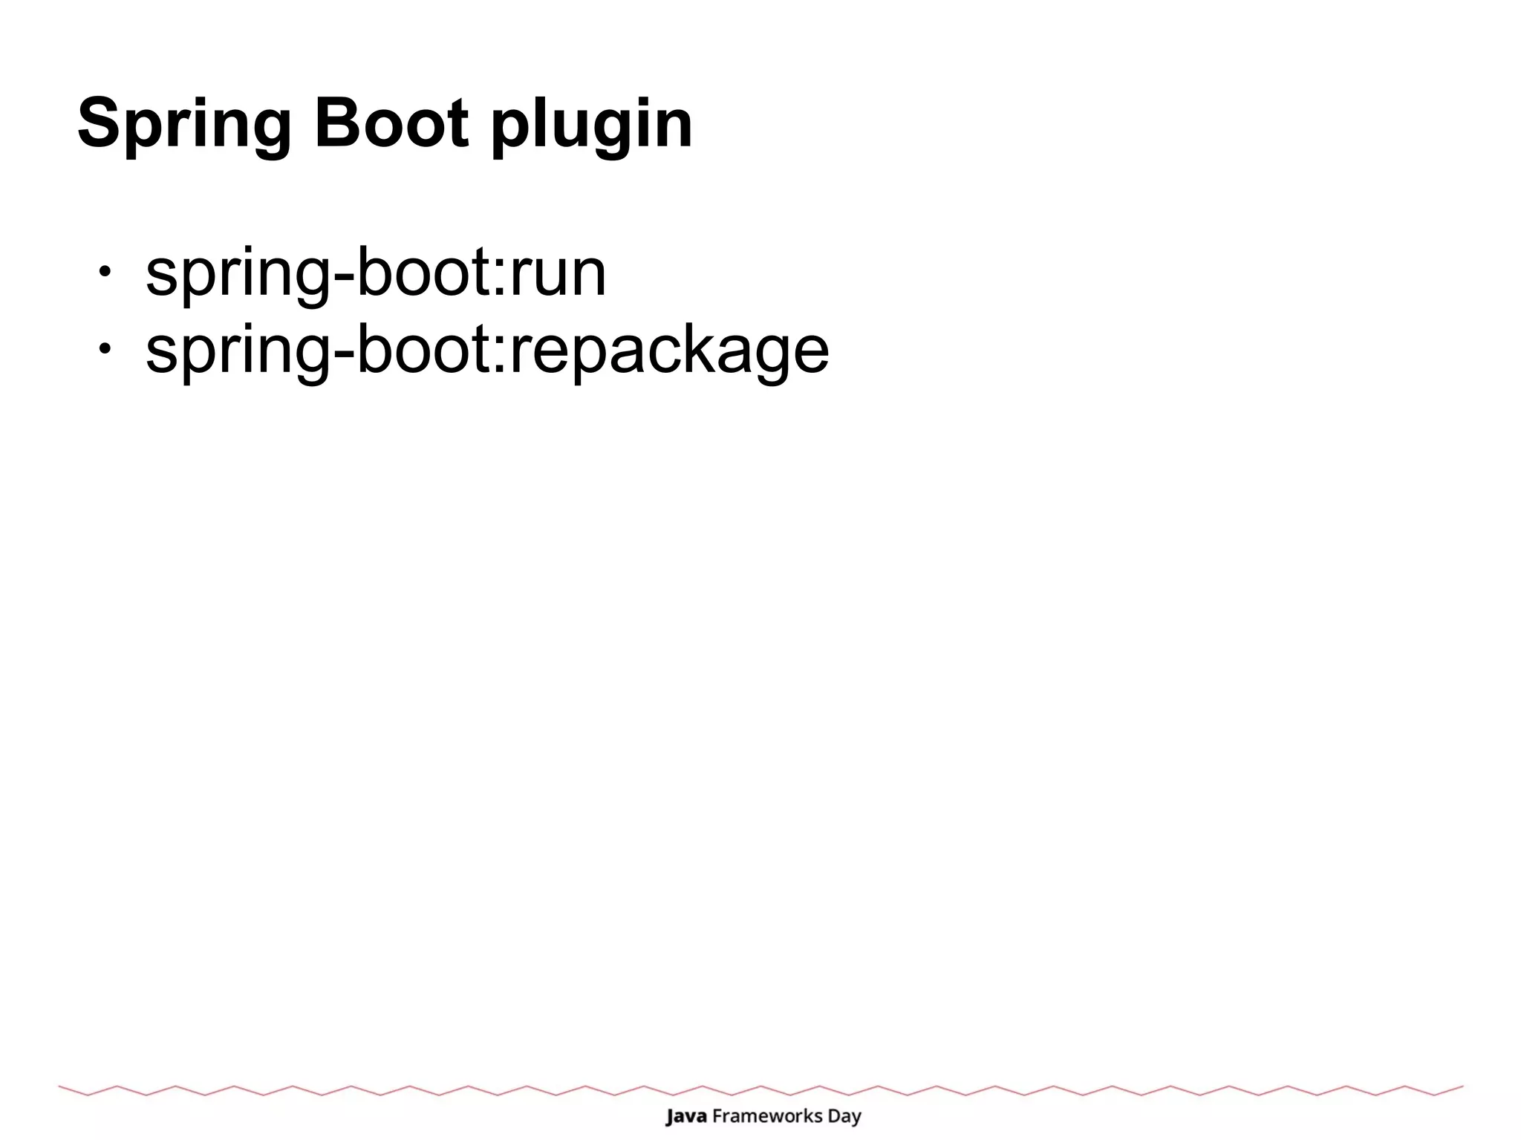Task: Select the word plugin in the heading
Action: pyautogui.click(x=591, y=126)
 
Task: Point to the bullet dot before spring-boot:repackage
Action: pyautogui.click(x=105, y=348)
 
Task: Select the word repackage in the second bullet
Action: pyautogui.click(x=669, y=351)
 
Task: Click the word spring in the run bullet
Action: pyautogui.click(x=238, y=276)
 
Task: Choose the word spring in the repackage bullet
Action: pyautogui.click(x=238, y=353)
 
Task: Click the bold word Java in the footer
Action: pyautogui.click(x=685, y=1115)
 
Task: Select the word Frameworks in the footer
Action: pyautogui.click(x=767, y=1115)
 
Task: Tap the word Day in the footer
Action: pyautogui.click(x=844, y=1117)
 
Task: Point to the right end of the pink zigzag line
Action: pyautogui.click(x=1461, y=1087)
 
